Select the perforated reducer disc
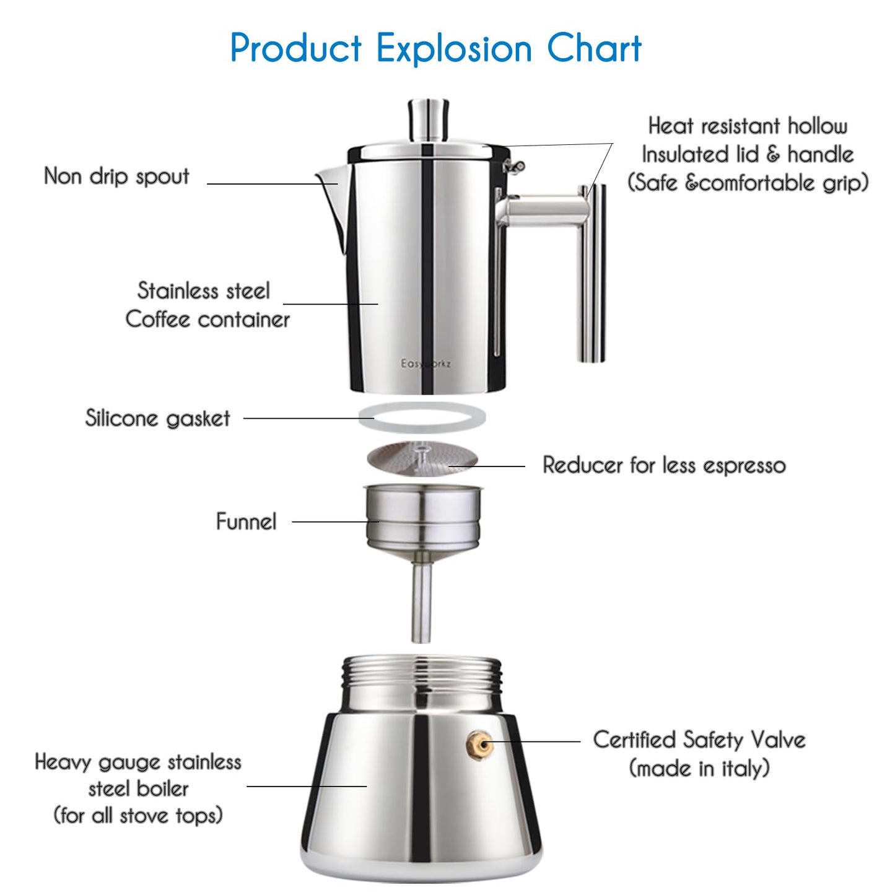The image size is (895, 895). tap(422, 458)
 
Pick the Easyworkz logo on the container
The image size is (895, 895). tap(426, 364)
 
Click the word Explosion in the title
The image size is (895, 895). tap(454, 48)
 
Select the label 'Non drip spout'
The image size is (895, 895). tap(116, 176)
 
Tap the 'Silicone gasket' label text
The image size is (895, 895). tap(157, 418)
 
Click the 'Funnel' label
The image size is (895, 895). tap(246, 522)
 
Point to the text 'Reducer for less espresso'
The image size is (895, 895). tap(664, 465)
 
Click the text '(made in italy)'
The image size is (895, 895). tap(699, 769)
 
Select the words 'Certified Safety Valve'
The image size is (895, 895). tap(699, 740)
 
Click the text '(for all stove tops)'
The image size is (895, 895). tap(138, 815)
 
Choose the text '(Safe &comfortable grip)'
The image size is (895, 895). tap(748, 183)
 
